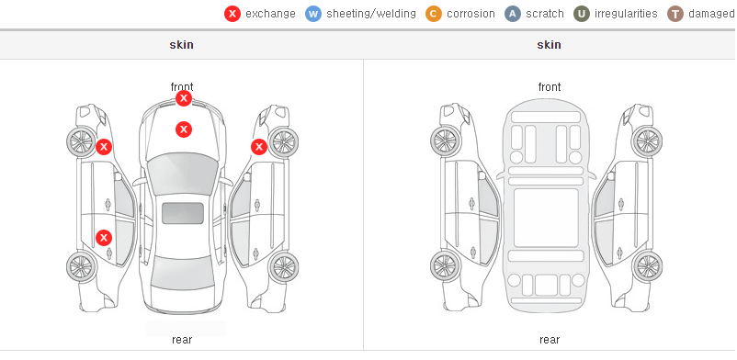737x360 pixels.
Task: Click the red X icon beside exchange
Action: (x=232, y=14)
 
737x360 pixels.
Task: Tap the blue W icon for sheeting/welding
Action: (x=313, y=14)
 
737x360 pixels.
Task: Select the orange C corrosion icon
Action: (x=434, y=14)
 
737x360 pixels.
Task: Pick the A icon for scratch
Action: (x=513, y=14)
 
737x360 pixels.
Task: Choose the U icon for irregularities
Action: (x=582, y=14)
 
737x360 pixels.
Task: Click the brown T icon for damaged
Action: (x=675, y=14)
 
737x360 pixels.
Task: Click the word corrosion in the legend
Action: (x=471, y=14)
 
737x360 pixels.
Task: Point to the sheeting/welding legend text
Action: (x=371, y=14)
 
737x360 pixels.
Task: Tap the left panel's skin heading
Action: (x=181, y=45)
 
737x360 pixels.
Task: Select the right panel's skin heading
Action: (x=549, y=45)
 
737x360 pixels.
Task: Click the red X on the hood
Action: (x=184, y=129)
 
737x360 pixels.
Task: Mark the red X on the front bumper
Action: (x=184, y=98)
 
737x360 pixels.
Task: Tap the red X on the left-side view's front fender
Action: (x=104, y=147)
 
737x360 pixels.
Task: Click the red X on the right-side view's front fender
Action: (x=259, y=147)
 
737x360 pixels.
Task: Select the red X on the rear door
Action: (x=104, y=238)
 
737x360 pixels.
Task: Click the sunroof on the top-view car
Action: (x=183, y=213)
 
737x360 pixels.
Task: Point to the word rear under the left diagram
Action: (x=182, y=339)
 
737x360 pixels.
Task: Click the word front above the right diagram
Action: (x=550, y=87)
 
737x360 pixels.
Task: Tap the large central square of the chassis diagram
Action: (x=546, y=218)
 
